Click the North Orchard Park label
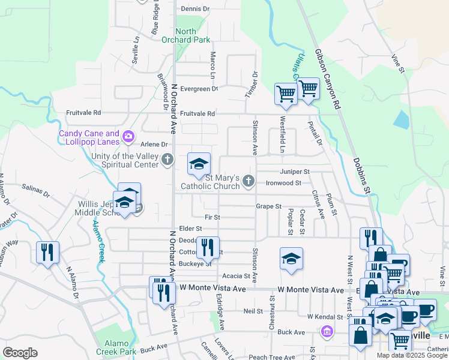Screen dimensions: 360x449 click(x=193, y=35)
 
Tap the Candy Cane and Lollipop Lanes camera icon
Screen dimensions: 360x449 click(x=128, y=137)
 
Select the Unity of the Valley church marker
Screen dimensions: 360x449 click(x=167, y=160)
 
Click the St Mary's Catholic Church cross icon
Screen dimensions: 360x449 click(x=248, y=181)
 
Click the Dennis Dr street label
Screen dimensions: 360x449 click(x=195, y=9)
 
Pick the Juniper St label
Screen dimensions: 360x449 click(x=295, y=172)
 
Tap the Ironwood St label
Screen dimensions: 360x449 click(x=283, y=182)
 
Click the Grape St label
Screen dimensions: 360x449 click(x=268, y=206)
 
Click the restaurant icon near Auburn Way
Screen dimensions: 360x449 click(x=47, y=251)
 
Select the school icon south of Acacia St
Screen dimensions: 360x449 click(x=291, y=259)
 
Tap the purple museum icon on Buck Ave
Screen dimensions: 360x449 click(x=327, y=331)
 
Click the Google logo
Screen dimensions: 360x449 click(x=20, y=353)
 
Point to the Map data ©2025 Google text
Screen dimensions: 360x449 click(x=412, y=355)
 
